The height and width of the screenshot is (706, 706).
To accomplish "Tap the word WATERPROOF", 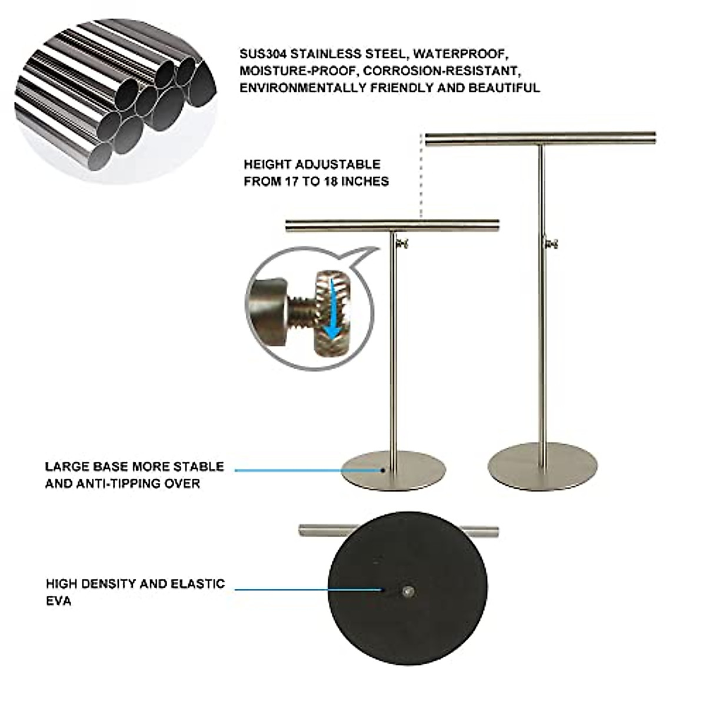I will (x=459, y=54).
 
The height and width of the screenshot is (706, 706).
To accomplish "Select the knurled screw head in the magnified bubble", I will (x=329, y=312).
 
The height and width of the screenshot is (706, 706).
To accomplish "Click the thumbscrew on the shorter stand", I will (x=402, y=244).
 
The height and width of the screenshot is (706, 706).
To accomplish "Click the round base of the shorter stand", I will (x=394, y=471).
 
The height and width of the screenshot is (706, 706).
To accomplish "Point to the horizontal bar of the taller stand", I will (x=540, y=139).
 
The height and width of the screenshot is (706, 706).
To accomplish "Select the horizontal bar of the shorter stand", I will (x=392, y=225).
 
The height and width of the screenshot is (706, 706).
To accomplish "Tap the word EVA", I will (x=58, y=601).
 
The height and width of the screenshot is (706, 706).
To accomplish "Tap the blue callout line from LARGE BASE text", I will (x=306, y=470).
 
